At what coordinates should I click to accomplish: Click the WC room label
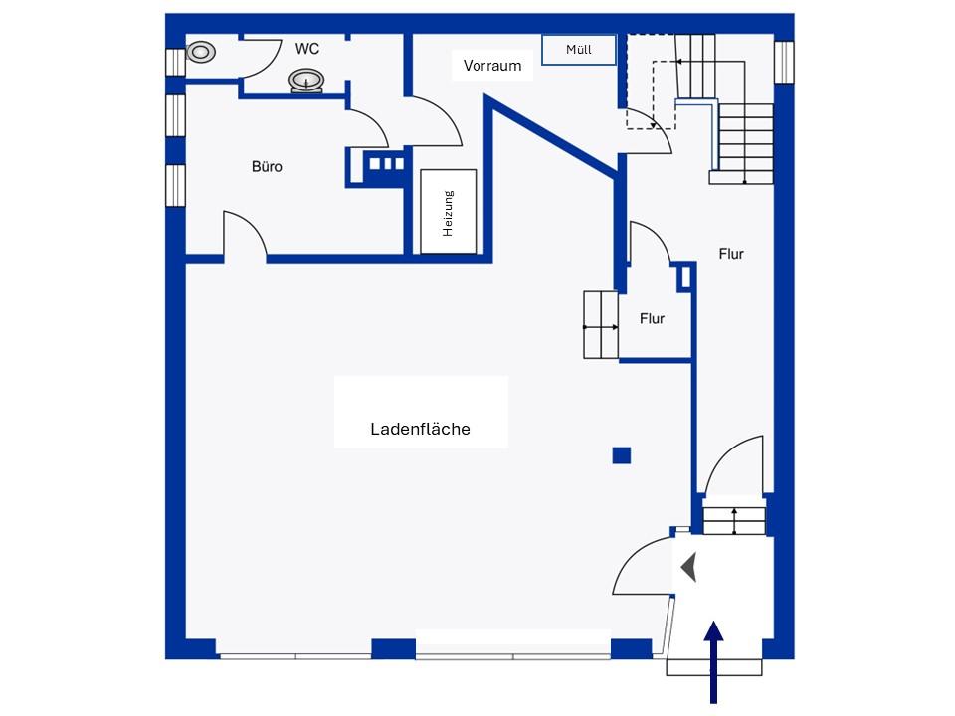[305, 48]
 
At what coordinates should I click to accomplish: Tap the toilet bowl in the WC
[201, 51]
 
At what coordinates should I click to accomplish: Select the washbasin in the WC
[306, 80]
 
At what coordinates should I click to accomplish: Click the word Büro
[267, 166]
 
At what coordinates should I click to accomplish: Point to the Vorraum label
[492, 66]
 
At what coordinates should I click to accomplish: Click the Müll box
[579, 50]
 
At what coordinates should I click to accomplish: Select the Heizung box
[448, 212]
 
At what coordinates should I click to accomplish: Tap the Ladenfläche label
[420, 430]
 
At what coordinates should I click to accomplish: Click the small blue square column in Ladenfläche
[622, 455]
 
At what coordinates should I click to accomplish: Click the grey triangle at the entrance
[688, 568]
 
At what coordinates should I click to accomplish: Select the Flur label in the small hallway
[652, 319]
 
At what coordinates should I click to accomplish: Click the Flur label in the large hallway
[731, 254]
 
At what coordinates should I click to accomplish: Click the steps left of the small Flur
[601, 325]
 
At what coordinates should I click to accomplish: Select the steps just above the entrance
[735, 516]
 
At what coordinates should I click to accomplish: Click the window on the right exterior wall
[783, 62]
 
